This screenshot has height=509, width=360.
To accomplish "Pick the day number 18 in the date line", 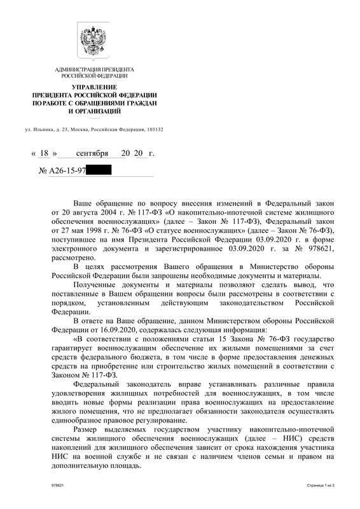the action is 44,154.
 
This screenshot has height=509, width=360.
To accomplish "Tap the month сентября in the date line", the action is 92,154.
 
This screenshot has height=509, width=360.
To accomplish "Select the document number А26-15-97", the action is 66,171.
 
